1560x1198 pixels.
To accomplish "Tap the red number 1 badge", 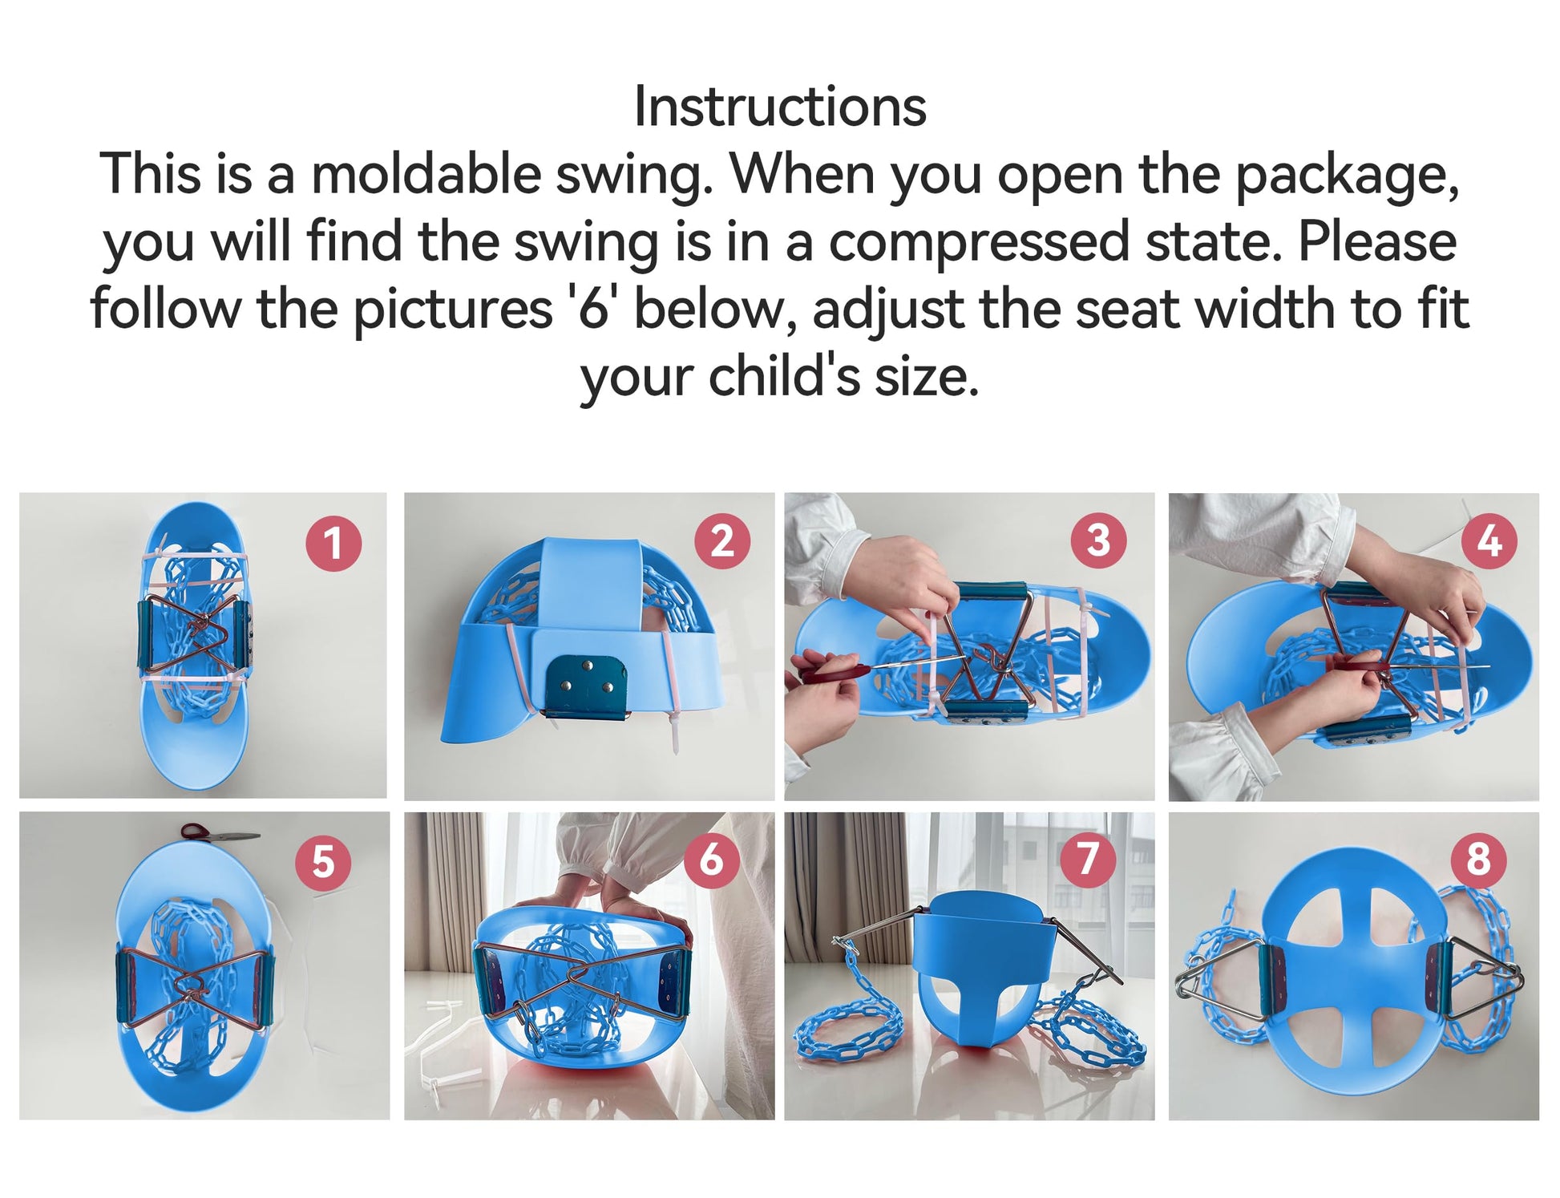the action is click(333, 543).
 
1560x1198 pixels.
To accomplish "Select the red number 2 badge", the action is click(722, 541).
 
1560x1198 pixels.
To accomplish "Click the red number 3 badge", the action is click(1098, 540).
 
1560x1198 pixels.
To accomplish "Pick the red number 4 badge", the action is click(1489, 540).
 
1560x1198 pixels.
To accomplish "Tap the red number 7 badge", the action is click(1088, 859).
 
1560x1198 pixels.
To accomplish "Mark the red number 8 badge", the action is click(1479, 859).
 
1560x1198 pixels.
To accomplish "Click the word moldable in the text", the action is click(426, 173).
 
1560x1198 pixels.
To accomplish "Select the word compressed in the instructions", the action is click(978, 242).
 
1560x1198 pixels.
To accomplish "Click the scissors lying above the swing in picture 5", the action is click(218, 834).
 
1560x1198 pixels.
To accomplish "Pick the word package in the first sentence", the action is click(1346, 175).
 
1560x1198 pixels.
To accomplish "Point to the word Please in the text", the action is click(1377, 241).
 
